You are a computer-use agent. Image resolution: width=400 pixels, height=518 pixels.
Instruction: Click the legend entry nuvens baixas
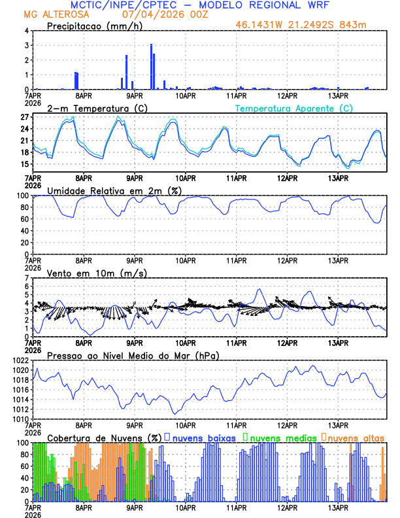203,438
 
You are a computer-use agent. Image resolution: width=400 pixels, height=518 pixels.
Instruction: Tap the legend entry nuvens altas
356,438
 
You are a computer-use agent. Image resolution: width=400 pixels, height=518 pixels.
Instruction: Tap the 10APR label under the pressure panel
186,424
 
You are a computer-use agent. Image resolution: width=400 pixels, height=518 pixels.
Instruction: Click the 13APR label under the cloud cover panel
337,506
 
